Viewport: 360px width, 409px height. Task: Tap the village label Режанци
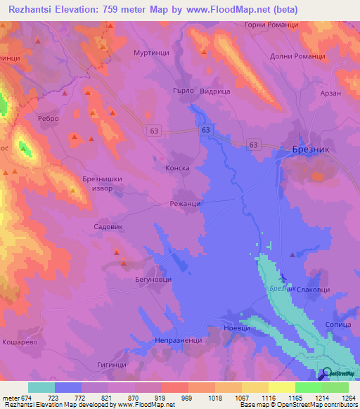click(186, 203)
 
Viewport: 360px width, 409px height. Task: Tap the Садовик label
click(109, 227)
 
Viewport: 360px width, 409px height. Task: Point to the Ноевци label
click(236, 327)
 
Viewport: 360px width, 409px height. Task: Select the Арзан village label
click(331, 93)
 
